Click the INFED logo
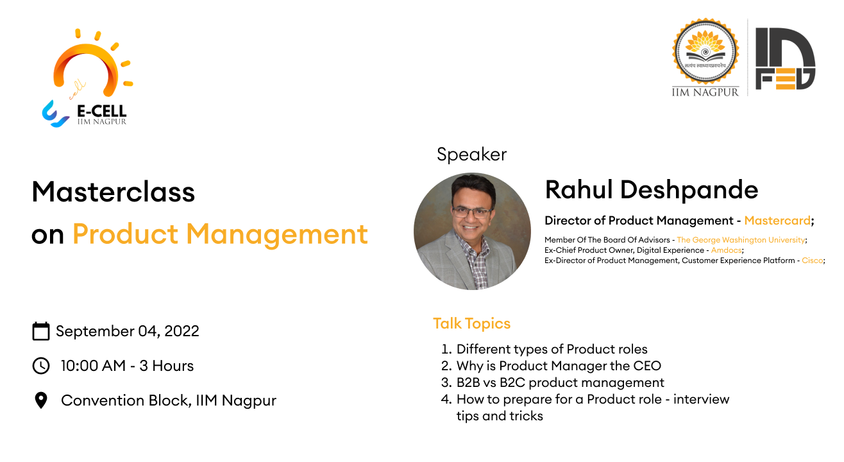point(785,58)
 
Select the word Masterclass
point(114,191)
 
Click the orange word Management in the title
point(277,234)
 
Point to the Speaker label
point(471,155)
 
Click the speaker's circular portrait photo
point(472,232)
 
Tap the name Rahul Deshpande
point(652,189)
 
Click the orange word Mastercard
point(777,221)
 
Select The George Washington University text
point(741,240)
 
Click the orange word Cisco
point(812,261)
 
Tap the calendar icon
point(41,331)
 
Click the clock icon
point(41,366)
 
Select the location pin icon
point(41,400)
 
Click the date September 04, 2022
point(128,331)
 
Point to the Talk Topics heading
point(471,323)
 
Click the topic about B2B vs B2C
point(560,382)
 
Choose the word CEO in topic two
point(646,366)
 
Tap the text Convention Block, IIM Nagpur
point(169,400)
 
